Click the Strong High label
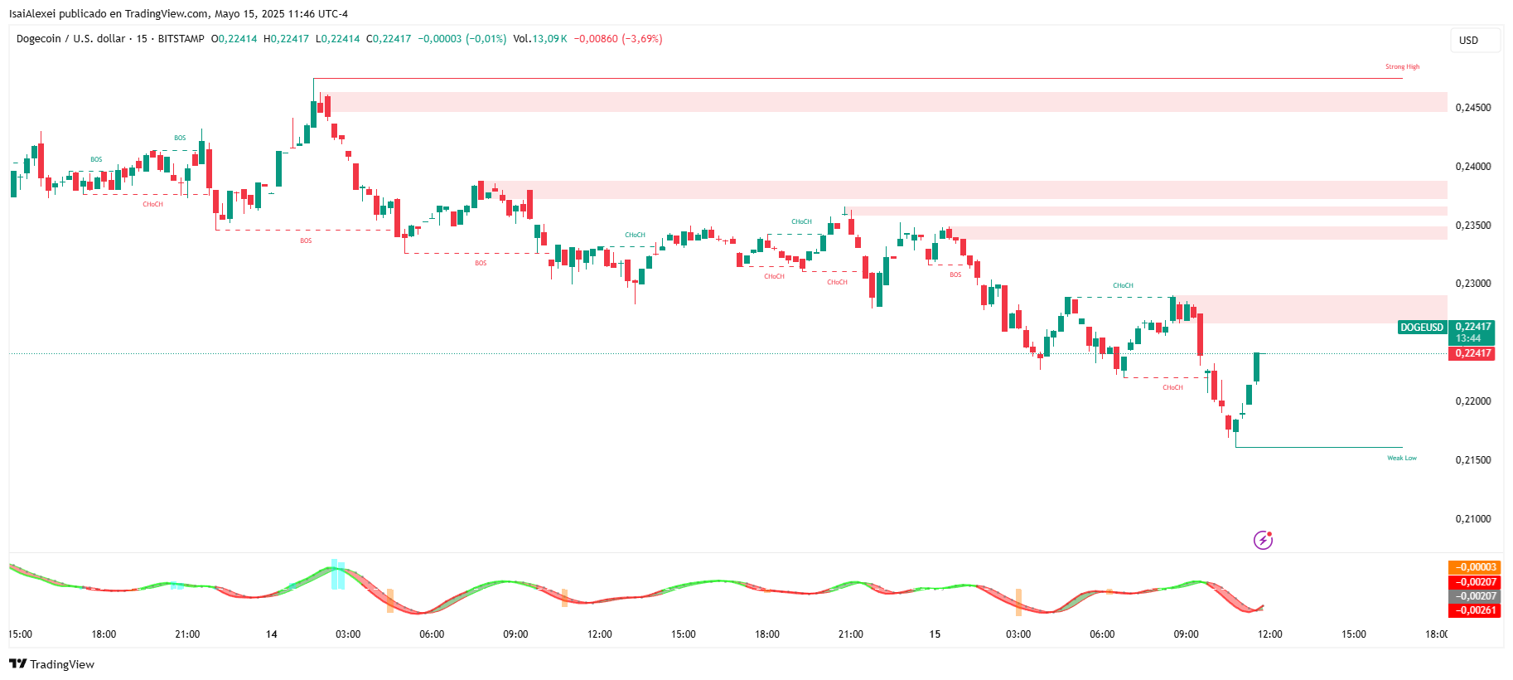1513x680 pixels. pyautogui.click(x=1402, y=67)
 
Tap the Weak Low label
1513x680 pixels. pyautogui.click(x=1402, y=458)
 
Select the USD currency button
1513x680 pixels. pyautogui.click(x=1468, y=41)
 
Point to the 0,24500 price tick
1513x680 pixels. pyautogui.click(x=1473, y=108)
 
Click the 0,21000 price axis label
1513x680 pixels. pyautogui.click(x=1473, y=519)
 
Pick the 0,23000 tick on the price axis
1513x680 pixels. pyautogui.click(x=1473, y=284)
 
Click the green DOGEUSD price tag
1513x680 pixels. pyautogui.click(x=1422, y=328)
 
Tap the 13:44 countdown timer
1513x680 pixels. pyautogui.click(x=1468, y=338)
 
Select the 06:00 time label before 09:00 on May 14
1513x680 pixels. pyautogui.click(x=432, y=634)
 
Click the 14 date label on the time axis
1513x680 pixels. pyautogui.click(x=272, y=634)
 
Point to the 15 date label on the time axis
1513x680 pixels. pyautogui.click(x=935, y=634)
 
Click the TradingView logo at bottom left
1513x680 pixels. pyautogui.click(x=51, y=664)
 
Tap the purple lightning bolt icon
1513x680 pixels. pyautogui.click(x=1263, y=541)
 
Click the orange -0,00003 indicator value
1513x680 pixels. pyautogui.click(x=1474, y=568)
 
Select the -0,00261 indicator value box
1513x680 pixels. pyautogui.click(x=1474, y=610)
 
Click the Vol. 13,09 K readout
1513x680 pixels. pyautogui.click(x=539, y=39)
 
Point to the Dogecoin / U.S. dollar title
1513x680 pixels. pyautogui.click(x=70, y=39)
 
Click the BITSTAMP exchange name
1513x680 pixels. pyautogui.click(x=181, y=39)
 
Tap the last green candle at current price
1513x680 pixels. pyautogui.click(x=1257, y=367)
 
